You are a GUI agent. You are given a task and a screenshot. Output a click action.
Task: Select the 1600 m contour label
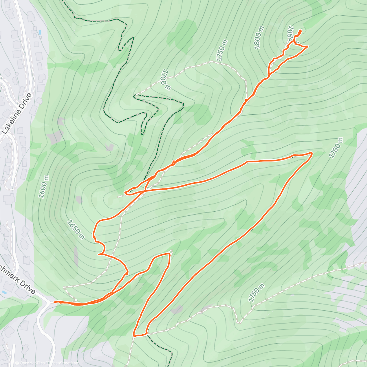[x=43, y=187]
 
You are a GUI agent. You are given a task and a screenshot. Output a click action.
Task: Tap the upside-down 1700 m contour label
[x=164, y=79]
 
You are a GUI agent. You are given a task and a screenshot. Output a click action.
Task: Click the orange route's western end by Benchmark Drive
[x=54, y=302]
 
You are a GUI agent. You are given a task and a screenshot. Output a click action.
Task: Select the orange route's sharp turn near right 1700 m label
[x=312, y=153]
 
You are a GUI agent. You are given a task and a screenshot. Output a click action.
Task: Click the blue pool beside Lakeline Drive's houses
[x=39, y=32]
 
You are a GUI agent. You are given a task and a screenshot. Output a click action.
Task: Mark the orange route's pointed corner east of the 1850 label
[x=307, y=46]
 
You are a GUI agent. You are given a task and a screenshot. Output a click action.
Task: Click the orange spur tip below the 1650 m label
[x=99, y=254]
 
